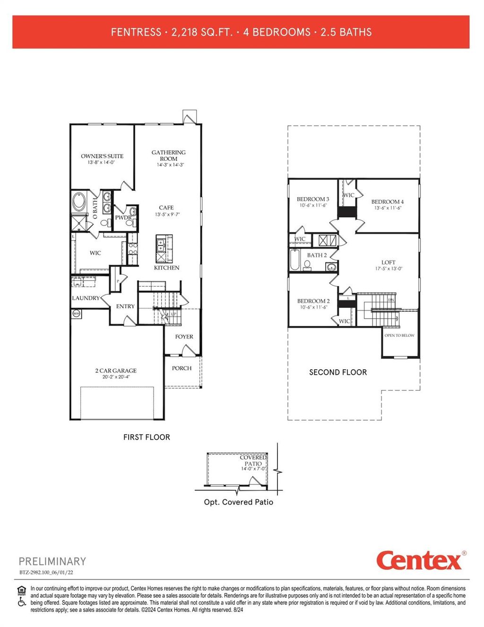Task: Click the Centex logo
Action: point(419,561)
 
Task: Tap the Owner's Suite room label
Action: point(102,156)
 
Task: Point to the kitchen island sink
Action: point(161,244)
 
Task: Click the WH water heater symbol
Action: point(76,313)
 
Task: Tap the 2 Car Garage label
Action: point(116,371)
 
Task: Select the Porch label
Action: point(182,368)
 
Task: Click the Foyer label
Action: point(184,337)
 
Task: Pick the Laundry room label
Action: point(86,298)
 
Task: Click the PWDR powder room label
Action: point(123,218)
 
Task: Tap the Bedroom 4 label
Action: point(388,202)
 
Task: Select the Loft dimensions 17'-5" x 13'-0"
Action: point(388,269)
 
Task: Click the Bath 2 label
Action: point(317,255)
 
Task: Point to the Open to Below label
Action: point(399,335)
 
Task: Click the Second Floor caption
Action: point(338,372)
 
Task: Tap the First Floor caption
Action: point(147,437)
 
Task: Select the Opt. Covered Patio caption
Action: point(239,502)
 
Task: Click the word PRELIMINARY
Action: point(52,561)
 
